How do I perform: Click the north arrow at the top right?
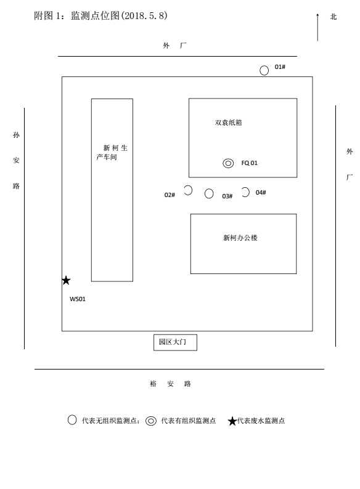coord(317,27)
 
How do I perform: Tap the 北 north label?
coord(333,17)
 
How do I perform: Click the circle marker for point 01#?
coord(264,70)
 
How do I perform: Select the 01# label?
coord(280,67)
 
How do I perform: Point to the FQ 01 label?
coord(249,163)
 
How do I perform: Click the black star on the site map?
coord(66,280)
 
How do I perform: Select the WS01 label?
coord(78,299)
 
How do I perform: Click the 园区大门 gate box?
coord(175,342)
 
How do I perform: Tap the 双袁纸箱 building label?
coord(228,123)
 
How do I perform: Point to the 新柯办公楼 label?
coord(240,238)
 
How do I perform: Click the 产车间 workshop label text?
coord(107,157)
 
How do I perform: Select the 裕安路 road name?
coord(170,384)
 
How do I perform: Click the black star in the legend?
coord(232,421)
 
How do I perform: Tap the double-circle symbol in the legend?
coord(151,421)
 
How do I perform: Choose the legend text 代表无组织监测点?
coord(109,421)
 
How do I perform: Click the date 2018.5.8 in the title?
coord(144,15)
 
